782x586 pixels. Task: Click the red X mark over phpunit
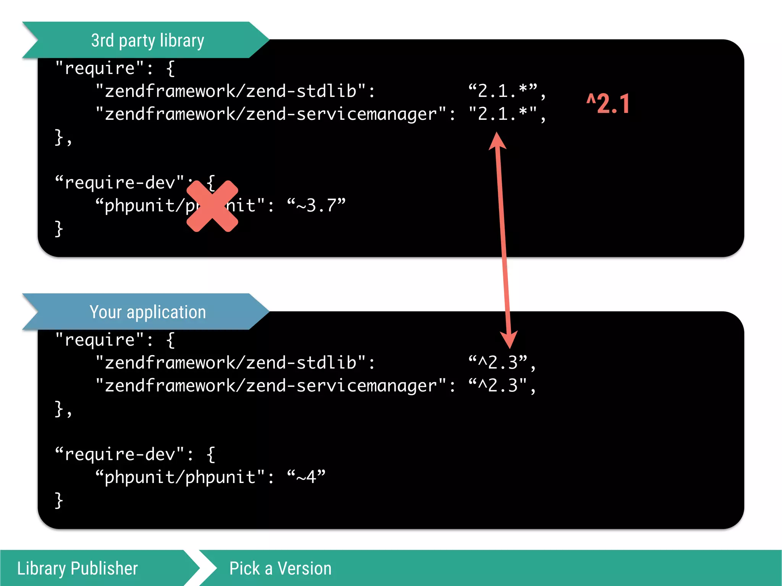212,206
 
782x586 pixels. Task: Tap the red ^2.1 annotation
608,104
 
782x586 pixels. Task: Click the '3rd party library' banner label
147,40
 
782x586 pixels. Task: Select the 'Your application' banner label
147,312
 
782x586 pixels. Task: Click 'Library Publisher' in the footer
78,568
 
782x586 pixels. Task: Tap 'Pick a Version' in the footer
280,568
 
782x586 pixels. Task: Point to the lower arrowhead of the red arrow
509,339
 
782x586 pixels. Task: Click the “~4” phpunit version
306,477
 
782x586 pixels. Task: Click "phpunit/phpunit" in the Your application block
180,477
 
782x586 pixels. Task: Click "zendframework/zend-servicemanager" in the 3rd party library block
271,114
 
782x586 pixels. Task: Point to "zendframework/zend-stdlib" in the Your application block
230,362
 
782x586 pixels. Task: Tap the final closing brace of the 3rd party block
58,229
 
